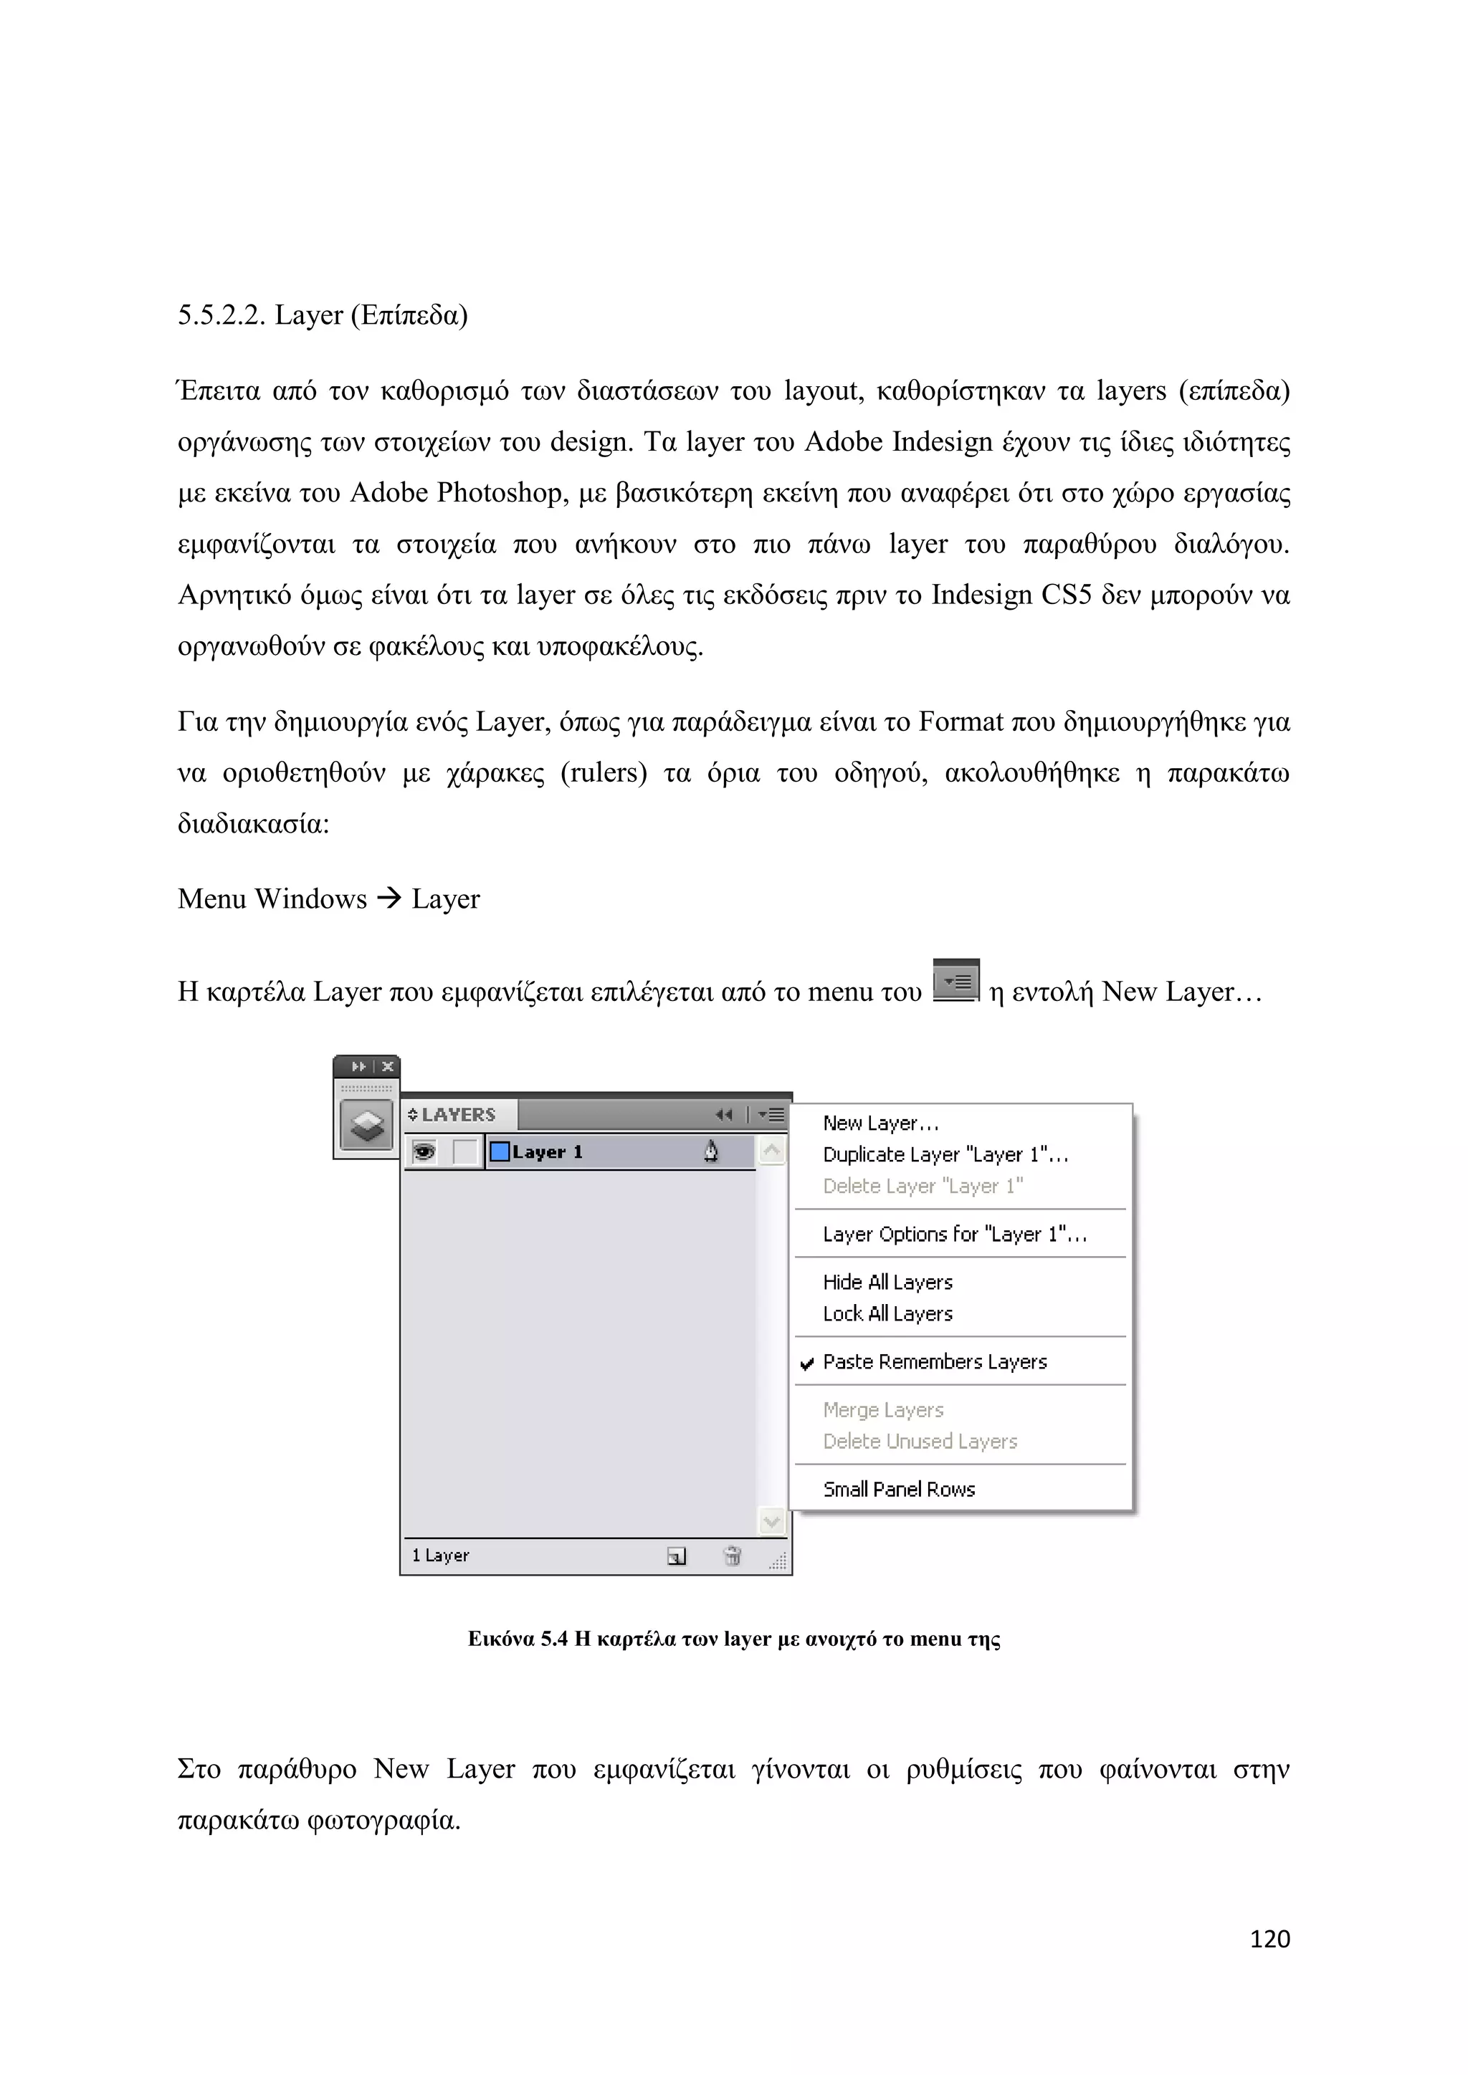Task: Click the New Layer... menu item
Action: coord(880,1123)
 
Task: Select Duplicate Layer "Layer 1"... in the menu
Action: coord(945,1155)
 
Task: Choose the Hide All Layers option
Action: coord(887,1283)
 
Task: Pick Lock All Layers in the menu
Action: coord(887,1314)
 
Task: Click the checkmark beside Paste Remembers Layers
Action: coord(807,1364)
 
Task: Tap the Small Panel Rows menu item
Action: coord(899,1490)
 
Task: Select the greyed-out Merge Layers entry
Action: coord(882,1410)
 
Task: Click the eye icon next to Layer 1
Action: coord(424,1152)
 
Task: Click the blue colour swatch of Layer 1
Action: coord(499,1152)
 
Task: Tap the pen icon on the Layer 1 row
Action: coord(710,1151)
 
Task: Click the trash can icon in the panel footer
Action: coord(732,1556)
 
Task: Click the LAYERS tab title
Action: coord(458,1114)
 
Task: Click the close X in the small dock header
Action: coord(388,1066)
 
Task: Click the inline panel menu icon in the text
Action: coord(955,982)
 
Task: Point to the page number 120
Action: coord(1269,1939)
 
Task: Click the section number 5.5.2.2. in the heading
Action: coord(221,315)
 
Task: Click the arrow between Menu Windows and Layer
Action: coord(389,898)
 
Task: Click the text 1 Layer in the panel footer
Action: coord(440,1556)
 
